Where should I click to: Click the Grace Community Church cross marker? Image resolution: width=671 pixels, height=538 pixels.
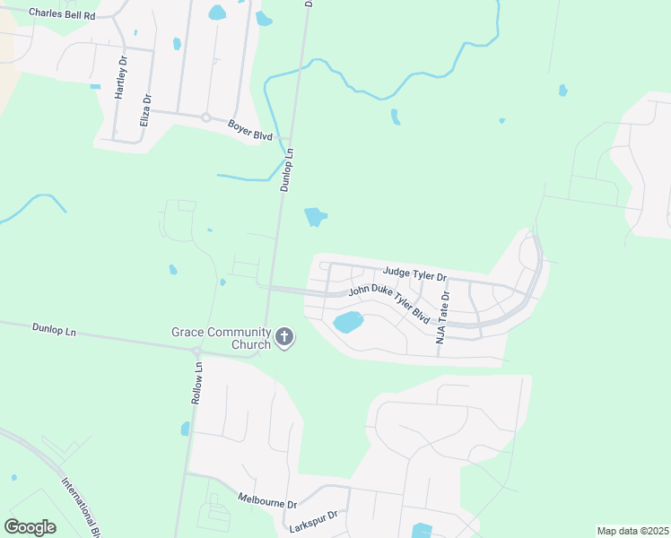[x=284, y=338]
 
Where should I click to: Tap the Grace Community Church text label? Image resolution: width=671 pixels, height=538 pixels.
[x=222, y=338]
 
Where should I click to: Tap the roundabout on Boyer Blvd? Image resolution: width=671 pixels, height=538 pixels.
[x=205, y=117]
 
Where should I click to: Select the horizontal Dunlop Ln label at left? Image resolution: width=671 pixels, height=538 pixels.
[x=55, y=330]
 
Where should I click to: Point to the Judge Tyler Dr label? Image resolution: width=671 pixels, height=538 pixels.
[x=414, y=272]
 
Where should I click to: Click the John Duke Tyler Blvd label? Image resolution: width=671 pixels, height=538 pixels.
[x=388, y=301]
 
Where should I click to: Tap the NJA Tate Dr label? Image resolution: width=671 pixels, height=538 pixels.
[x=442, y=310]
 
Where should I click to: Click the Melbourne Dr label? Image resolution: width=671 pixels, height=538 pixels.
[x=267, y=499]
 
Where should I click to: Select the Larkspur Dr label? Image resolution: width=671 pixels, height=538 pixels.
[x=314, y=521]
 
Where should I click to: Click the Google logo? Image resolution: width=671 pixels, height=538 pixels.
[x=30, y=527]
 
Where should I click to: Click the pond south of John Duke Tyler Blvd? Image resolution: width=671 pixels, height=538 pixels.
[x=348, y=321]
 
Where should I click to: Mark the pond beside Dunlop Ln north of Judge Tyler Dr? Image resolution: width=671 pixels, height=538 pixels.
[x=315, y=217]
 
